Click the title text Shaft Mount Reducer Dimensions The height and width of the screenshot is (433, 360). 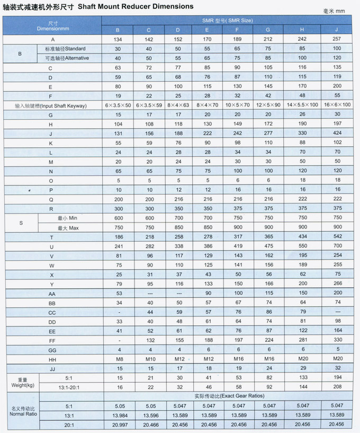[136, 6]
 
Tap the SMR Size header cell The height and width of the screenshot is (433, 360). [227, 20]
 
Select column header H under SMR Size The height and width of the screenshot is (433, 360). [302, 30]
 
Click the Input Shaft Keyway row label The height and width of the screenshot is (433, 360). [51, 105]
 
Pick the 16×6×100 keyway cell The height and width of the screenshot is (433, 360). [337, 105]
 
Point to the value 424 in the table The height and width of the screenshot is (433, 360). [337, 134]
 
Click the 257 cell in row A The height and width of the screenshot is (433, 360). [337, 39]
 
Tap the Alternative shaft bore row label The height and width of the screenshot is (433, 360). [67, 58]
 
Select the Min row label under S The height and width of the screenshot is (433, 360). [67, 218]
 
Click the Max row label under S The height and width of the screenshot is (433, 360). [67, 227]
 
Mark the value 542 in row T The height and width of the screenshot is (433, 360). [337, 237]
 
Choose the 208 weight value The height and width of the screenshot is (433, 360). [337, 387]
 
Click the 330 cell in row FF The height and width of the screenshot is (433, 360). [337, 340]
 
